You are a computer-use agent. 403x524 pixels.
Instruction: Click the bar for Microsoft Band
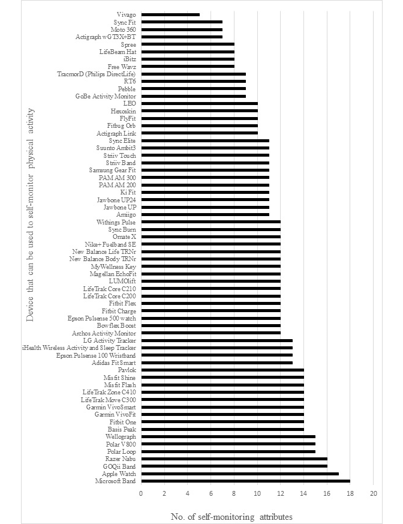[246, 481]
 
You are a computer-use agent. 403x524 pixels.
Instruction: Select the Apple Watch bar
[240, 474]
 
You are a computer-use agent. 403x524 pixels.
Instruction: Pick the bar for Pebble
[194, 88]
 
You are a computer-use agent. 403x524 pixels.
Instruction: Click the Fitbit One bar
[222, 422]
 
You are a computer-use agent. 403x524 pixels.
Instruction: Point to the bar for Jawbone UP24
[205, 199]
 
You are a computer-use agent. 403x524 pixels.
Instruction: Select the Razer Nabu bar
[234, 459]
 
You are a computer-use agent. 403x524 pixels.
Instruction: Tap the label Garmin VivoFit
[115, 414]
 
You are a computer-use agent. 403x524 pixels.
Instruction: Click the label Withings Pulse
[116, 222]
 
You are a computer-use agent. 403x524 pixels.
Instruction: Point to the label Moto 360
[123, 29]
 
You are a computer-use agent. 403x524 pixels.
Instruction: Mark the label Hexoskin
[123, 110]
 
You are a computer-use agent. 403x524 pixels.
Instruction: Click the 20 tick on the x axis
[373, 493]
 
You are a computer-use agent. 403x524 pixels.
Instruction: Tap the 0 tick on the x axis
[142, 493]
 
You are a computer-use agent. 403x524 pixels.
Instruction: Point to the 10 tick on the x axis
[257, 493]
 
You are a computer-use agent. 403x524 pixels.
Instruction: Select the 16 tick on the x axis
[327, 493]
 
